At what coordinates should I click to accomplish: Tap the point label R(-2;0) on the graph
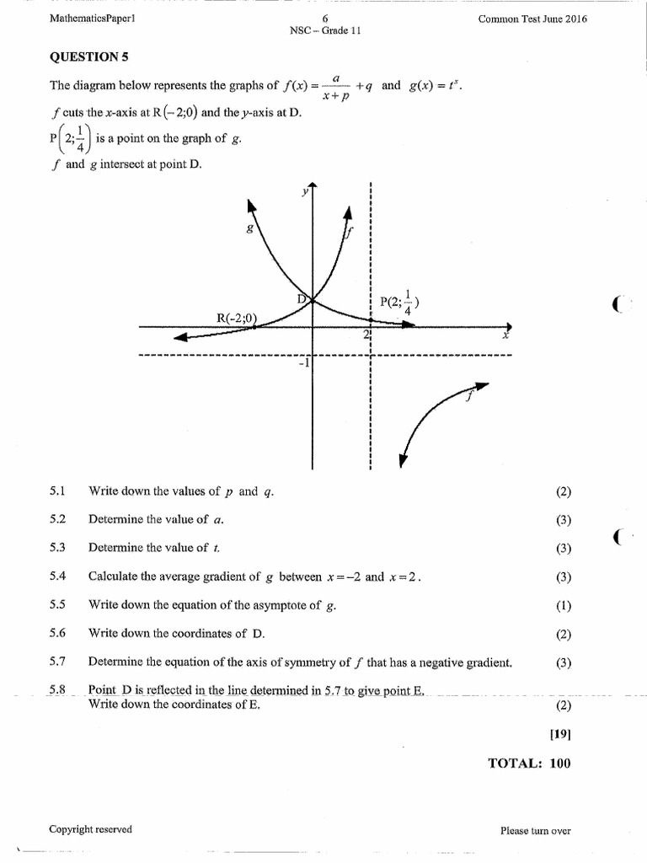238,318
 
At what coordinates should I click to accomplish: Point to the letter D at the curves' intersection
302,298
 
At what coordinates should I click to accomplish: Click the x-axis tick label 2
366,335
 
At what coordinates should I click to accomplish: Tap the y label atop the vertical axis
305,191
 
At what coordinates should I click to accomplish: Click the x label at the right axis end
506,335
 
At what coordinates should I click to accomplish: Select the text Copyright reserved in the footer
90,829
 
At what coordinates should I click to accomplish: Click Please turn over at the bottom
535,830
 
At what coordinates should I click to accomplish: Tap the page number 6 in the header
324,19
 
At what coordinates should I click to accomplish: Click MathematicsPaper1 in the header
92,19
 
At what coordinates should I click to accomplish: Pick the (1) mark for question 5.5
564,605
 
